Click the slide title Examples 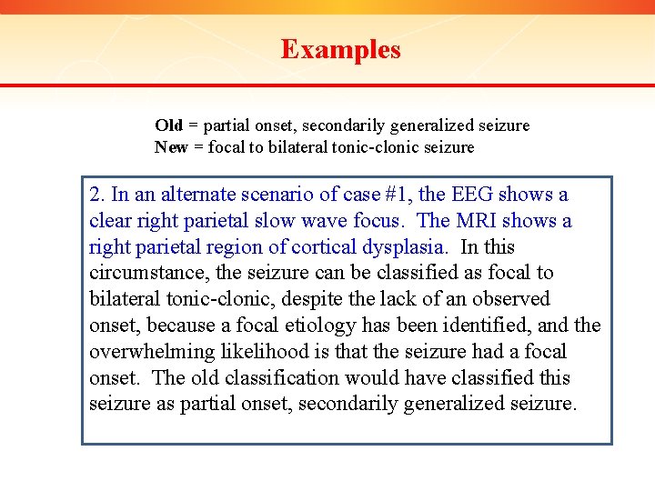[x=340, y=49]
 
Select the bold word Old [x=168, y=125]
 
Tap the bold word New [x=171, y=147]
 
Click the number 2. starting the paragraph [x=97, y=195]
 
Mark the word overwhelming [x=144, y=352]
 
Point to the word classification [x=292, y=378]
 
